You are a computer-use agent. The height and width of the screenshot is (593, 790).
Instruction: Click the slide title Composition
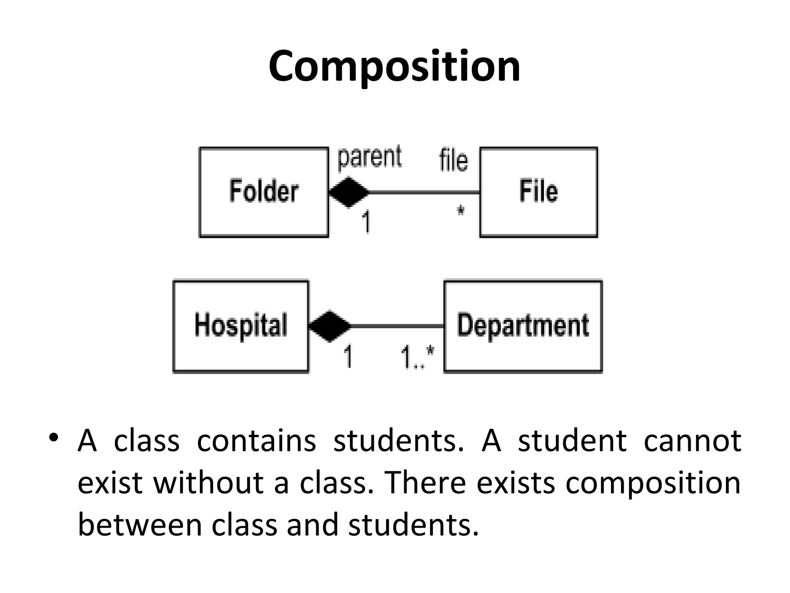coord(394,66)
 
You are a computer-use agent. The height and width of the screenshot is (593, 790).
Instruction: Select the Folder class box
coord(264,192)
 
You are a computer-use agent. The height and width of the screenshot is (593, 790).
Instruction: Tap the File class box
coord(538,192)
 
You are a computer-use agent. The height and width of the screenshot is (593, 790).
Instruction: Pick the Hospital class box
coord(241,326)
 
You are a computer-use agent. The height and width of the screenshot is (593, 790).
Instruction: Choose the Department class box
coord(523,326)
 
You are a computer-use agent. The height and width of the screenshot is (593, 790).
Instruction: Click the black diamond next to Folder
coord(349,192)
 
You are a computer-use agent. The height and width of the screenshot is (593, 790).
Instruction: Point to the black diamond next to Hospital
coord(330,326)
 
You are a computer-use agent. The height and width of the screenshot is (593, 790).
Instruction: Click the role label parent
coord(370,158)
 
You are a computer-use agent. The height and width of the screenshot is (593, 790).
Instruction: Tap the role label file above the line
coord(453,160)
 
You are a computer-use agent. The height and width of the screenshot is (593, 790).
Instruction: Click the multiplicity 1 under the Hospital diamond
coord(348,357)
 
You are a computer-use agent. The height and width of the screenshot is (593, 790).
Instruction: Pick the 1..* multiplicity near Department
coord(417,357)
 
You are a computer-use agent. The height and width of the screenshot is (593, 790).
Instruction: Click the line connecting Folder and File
coord(424,192)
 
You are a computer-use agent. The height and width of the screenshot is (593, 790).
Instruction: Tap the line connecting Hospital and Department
coord(397,326)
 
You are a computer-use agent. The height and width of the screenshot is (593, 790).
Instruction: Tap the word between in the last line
coord(140,525)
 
